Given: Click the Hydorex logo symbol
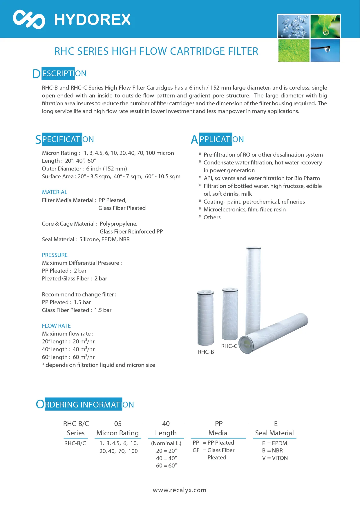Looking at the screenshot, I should coord(29,19).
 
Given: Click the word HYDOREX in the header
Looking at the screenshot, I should coord(93,20).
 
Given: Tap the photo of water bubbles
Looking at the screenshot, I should coord(293,26).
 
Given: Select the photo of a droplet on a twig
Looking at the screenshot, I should coord(325,50).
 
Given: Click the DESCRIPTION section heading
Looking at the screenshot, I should coord(59,74).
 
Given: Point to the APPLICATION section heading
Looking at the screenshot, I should coord(217,140).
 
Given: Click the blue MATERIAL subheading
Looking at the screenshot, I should coord(55,192).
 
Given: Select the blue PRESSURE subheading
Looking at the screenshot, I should coord(55,255).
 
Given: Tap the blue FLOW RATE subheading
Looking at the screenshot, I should coord(56,326).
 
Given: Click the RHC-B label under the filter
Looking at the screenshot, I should coord(206,352).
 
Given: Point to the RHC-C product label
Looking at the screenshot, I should coord(229,346).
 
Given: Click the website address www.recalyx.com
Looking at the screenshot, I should coord(180,490).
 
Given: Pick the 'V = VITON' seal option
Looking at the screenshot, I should coord(275,458).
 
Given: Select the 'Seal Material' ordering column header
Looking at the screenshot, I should coord(274,433).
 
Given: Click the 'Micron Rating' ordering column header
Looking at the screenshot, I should coord(117,433).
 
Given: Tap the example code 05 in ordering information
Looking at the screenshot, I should coord(118,424).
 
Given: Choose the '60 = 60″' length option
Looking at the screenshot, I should coord(166,465).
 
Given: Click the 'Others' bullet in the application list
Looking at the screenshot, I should coord(212,217).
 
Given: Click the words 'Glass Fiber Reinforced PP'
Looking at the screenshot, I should coord(131,231).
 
